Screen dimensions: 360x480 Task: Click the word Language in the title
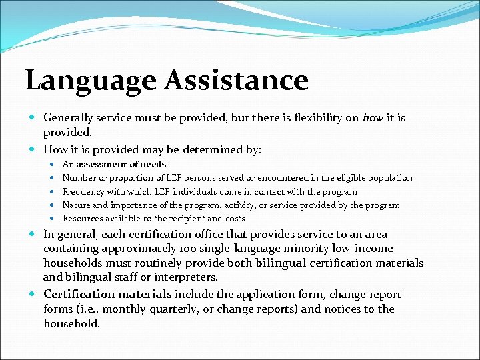pyautogui.click(x=79, y=81)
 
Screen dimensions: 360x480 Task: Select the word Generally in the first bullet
pyautogui.click(x=68, y=117)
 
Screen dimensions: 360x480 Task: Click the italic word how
pyautogui.click(x=373, y=117)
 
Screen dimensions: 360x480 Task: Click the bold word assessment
pyautogui.click(x=102, y=164)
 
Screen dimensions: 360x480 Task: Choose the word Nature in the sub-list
pyautogui.click(x=77, y=205)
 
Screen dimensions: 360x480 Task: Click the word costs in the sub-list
pyautogui.click(x=235, y=218)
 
